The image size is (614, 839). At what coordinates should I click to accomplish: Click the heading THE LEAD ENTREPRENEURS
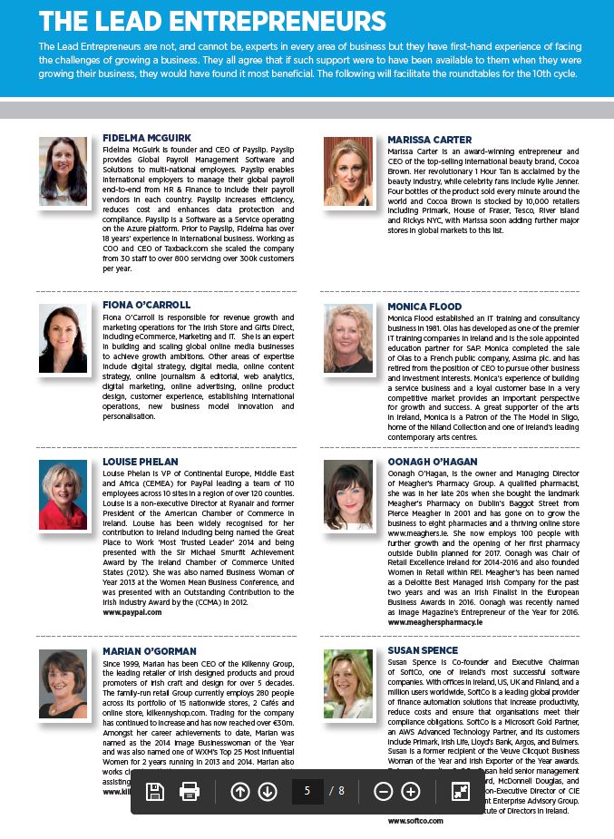click(212, 22)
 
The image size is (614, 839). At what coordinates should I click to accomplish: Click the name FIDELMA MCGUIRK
click(147, 138)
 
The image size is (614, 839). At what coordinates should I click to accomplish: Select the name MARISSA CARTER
click(430, 140)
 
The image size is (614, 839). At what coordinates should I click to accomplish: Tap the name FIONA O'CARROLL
click(147, 305)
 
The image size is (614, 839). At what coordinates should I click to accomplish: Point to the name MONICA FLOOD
click(424, 307)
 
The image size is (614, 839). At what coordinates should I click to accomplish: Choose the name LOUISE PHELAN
click(141, 462)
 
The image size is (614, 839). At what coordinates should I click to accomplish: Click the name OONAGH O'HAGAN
click(433, 462)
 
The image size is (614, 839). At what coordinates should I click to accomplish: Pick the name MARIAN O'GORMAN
click(149, 651)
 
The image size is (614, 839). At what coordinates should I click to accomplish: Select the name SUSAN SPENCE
click(423, 651)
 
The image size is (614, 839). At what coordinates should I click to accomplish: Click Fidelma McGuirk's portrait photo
click(63, 171)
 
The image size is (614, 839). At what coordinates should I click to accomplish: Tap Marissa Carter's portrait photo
click(348, 171)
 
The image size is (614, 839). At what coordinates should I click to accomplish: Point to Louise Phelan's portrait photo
click(63, 495)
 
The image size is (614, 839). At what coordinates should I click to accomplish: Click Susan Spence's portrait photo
click(348, 684)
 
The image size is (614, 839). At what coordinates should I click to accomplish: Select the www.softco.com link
click(415, 820)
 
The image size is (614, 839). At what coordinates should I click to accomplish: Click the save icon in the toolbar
click(155, 792)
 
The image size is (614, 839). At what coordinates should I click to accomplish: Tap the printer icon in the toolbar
click(190, 792)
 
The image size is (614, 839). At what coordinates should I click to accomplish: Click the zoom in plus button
click(411, 792)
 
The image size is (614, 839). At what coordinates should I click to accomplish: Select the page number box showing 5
click(307, 792)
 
